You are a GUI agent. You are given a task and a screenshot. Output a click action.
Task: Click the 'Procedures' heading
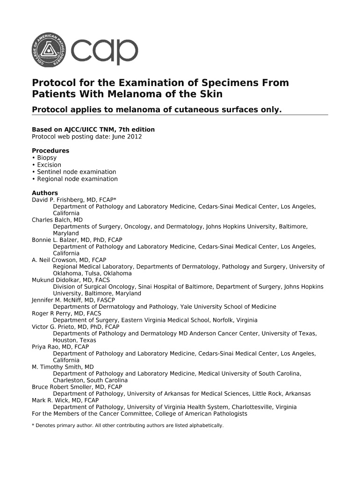pos(50,151)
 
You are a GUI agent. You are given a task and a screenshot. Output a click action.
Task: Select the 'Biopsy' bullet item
pos(47,158)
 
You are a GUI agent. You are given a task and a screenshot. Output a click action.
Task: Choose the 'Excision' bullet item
pos(49,165)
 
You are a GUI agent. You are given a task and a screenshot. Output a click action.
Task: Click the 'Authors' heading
pos(44,193)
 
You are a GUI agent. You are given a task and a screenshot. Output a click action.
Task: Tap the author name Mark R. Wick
pos(50,400)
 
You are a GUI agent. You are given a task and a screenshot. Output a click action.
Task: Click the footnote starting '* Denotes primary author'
pos(128,426)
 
